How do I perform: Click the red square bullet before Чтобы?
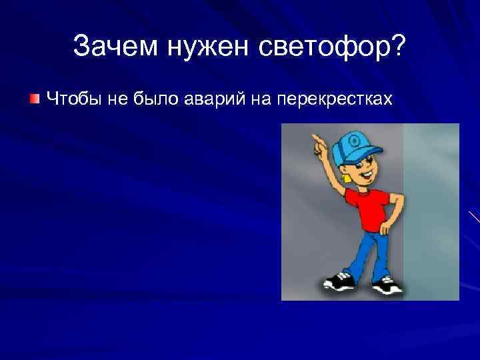pyautogui.click(x=34, y=99)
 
